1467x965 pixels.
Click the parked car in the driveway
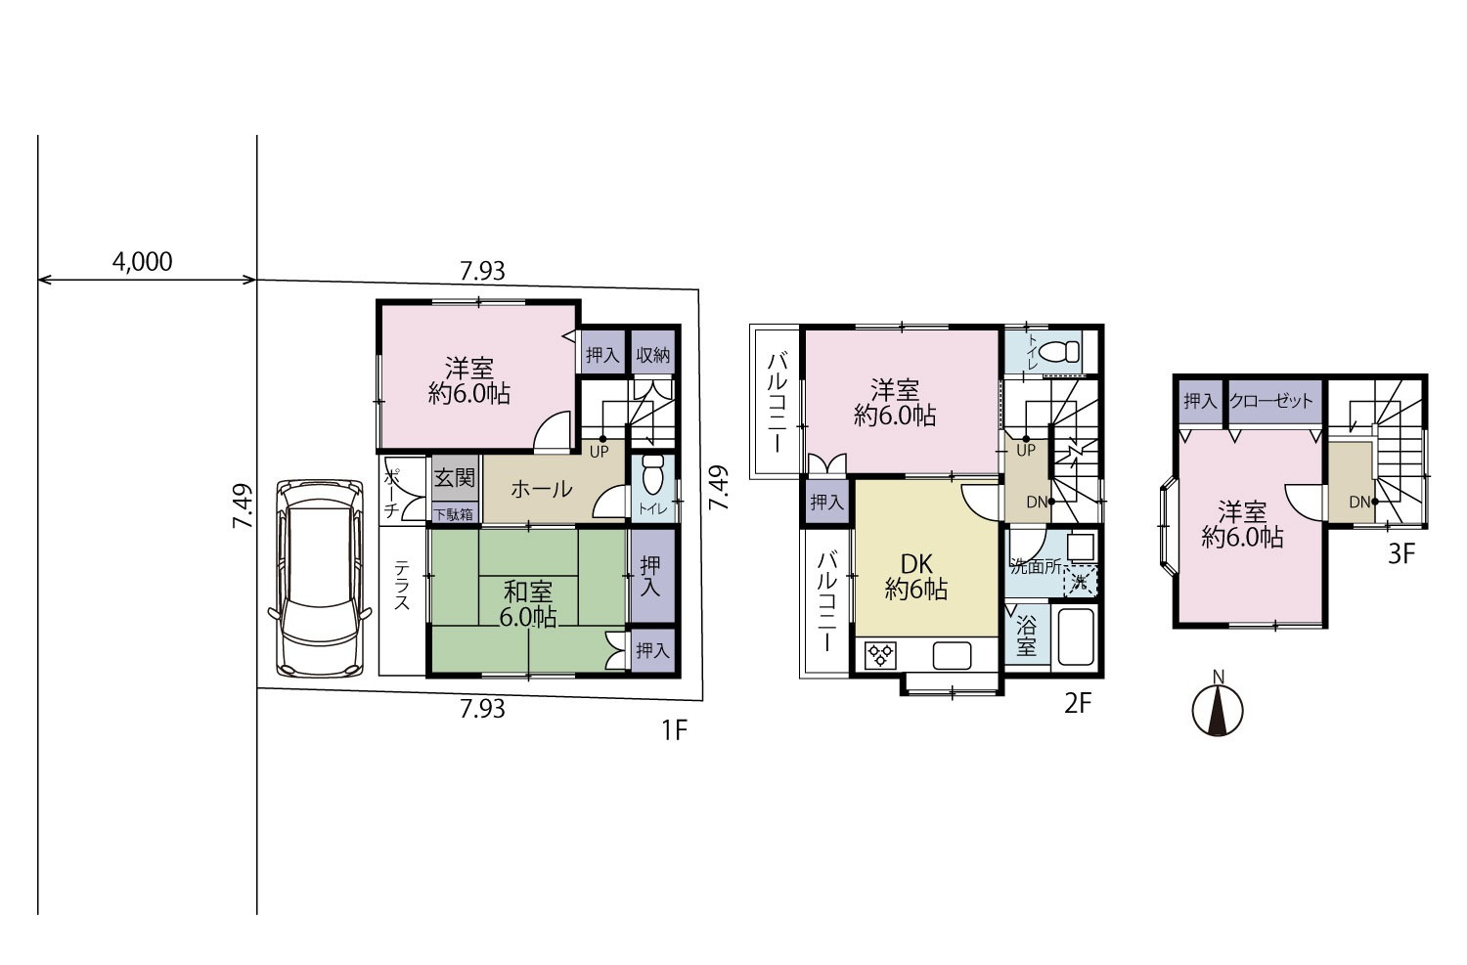[320, 579]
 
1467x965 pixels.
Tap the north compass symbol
[1218, 709]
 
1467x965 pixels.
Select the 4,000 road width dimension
[142, 262]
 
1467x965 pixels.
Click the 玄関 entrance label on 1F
[454, 478]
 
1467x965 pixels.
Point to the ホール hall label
[541, 489]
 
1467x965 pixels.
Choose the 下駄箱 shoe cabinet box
[455, 513]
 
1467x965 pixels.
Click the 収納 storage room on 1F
[652, 354]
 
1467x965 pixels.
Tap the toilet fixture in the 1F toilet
[653, 474]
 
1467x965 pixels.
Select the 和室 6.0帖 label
[528, 603]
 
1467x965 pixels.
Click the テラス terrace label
[401, 585]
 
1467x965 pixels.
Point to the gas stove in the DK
[881, 655]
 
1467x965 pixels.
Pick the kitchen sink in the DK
[952, 656]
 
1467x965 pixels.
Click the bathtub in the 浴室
[1076, 636]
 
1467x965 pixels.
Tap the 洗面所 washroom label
[1036, 567]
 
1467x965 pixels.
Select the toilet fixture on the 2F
[1059, 352]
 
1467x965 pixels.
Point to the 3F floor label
[1401, 554]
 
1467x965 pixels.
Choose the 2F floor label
[1078, 704]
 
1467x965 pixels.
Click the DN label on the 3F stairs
[1359, 503]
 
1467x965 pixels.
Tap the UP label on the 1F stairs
[599, 451]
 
